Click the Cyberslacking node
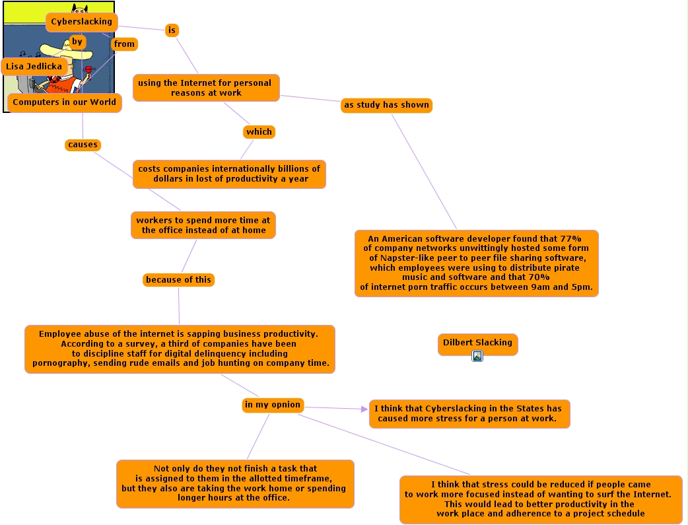click(81, 22)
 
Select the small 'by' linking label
click(78, 42)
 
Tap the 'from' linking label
click(124, 44)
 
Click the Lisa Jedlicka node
click(34, 66)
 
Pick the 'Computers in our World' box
click(64, 102)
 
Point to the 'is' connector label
click(172, 30)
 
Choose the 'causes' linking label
click(83, 145)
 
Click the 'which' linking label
click(259, 132)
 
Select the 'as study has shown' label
click(386, 105)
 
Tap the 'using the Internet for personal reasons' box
click(206, 88)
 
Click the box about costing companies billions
click(229, 174)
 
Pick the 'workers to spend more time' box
click(203, 225)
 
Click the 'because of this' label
click(178, 280)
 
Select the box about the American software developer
click(476, 263)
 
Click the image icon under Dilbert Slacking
click(477, 356)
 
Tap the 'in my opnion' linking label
click(273, 405)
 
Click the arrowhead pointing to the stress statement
click(364, 409)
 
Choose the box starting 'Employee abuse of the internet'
click(180, 349)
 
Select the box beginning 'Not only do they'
click(235, 483)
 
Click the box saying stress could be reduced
click(540, 499)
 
